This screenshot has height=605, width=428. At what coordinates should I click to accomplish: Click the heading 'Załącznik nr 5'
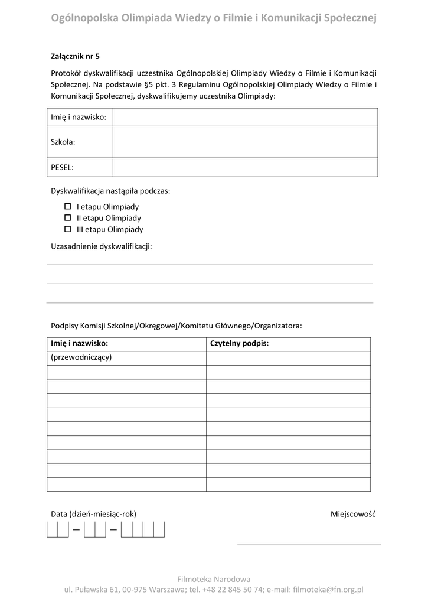tap(76, 57)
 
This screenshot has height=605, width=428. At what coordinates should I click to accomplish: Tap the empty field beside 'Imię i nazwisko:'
tap(245, 117)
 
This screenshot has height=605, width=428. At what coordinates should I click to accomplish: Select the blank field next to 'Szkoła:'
tap(245, 142)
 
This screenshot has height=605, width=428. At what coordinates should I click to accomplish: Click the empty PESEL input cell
tap(245, 167)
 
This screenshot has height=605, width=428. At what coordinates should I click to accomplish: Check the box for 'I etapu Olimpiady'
tap(67, 207)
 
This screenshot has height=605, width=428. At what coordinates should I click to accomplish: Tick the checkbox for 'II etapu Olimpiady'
tap(67, 218)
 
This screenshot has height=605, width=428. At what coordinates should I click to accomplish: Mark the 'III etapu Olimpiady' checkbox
tap(67, 229)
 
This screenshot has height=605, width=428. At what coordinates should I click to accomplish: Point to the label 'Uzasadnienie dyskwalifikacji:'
tap(102, 246)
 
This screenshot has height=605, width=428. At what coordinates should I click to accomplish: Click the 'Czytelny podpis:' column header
tap(239, 344)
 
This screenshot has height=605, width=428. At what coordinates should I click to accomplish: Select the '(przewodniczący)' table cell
tap(81, 358)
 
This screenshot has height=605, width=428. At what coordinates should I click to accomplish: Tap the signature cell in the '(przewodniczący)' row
tap(288, 359)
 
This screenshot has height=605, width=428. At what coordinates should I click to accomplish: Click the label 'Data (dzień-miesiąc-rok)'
tap(93, 514)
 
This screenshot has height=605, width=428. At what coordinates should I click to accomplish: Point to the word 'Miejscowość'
tap(353, 514)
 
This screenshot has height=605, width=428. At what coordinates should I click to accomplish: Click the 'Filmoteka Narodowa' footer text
tap(214, 579)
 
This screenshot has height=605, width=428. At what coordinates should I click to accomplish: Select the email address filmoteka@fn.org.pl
tap(328, 590)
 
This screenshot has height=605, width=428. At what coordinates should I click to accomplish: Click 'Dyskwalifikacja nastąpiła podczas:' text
tap(110, 191)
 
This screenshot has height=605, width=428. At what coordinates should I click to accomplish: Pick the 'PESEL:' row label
tap(63, 167)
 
